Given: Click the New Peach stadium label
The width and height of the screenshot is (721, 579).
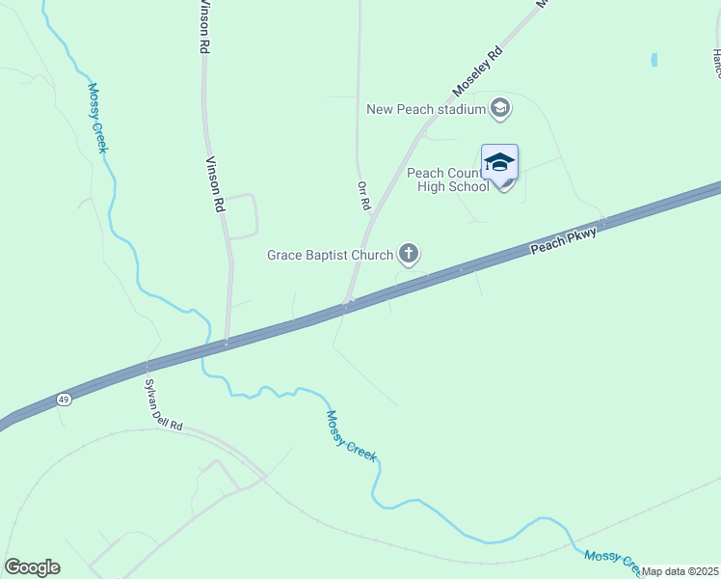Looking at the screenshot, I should (425, 109).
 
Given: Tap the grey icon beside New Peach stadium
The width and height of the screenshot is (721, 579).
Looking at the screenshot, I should (499, 108).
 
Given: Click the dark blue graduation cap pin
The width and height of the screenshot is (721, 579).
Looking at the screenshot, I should (499, 162).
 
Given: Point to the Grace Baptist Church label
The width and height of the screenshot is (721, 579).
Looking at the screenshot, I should (330, 255).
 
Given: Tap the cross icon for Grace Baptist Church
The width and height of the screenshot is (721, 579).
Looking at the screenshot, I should (409, 255).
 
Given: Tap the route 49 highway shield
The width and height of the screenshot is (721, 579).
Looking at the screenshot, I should (64, 399).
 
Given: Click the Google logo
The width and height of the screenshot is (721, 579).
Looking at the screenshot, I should (32, 567).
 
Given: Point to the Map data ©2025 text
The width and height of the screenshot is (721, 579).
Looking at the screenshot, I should (680, 571).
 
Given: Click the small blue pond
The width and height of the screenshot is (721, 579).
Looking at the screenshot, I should (654, 60).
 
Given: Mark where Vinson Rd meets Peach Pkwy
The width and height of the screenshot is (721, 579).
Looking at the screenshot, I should (227, 341).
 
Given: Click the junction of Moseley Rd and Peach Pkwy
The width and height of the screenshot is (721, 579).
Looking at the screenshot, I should (347, 305).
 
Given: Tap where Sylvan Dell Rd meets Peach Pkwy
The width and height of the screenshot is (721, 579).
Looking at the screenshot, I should (147, 365).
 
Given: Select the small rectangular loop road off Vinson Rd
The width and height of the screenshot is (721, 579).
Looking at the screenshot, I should (241, 215).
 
